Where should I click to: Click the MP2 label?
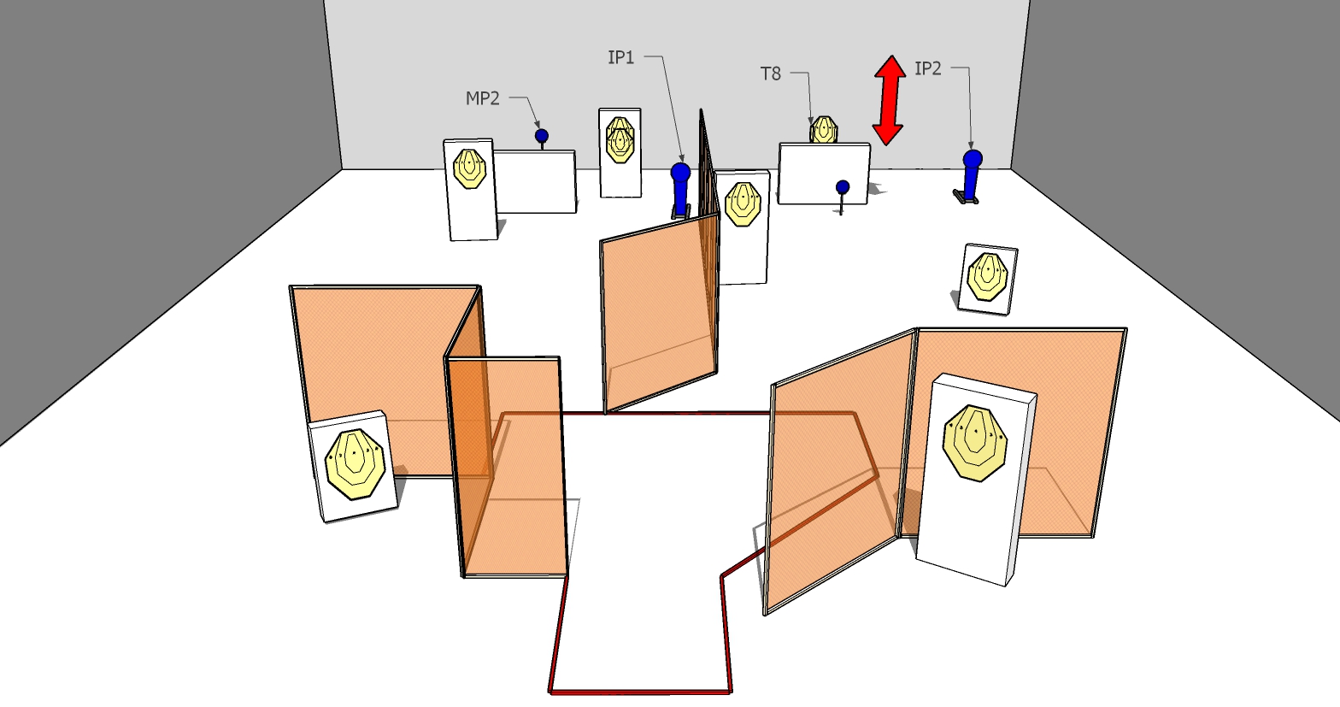(482, 98)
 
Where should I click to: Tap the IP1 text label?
(620, 57)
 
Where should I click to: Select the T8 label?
(771, 74)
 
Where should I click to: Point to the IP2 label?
(928, 69)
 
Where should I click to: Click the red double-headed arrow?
(889, 100)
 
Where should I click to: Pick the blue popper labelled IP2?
(972, 174)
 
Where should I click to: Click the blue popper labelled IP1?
(681, 188)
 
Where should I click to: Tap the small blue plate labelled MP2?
(542, 137)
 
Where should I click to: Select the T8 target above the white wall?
(824, 130)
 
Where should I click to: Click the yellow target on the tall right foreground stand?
(975, 443)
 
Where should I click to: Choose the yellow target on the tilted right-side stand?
(988, 277)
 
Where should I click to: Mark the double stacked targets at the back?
(620, 140)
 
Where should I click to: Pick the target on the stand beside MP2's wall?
(470, 169)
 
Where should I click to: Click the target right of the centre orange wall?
(743, 204)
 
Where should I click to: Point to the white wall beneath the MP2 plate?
(535, 181)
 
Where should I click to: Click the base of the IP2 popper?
(966, 197)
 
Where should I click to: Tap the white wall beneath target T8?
(824, 174)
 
